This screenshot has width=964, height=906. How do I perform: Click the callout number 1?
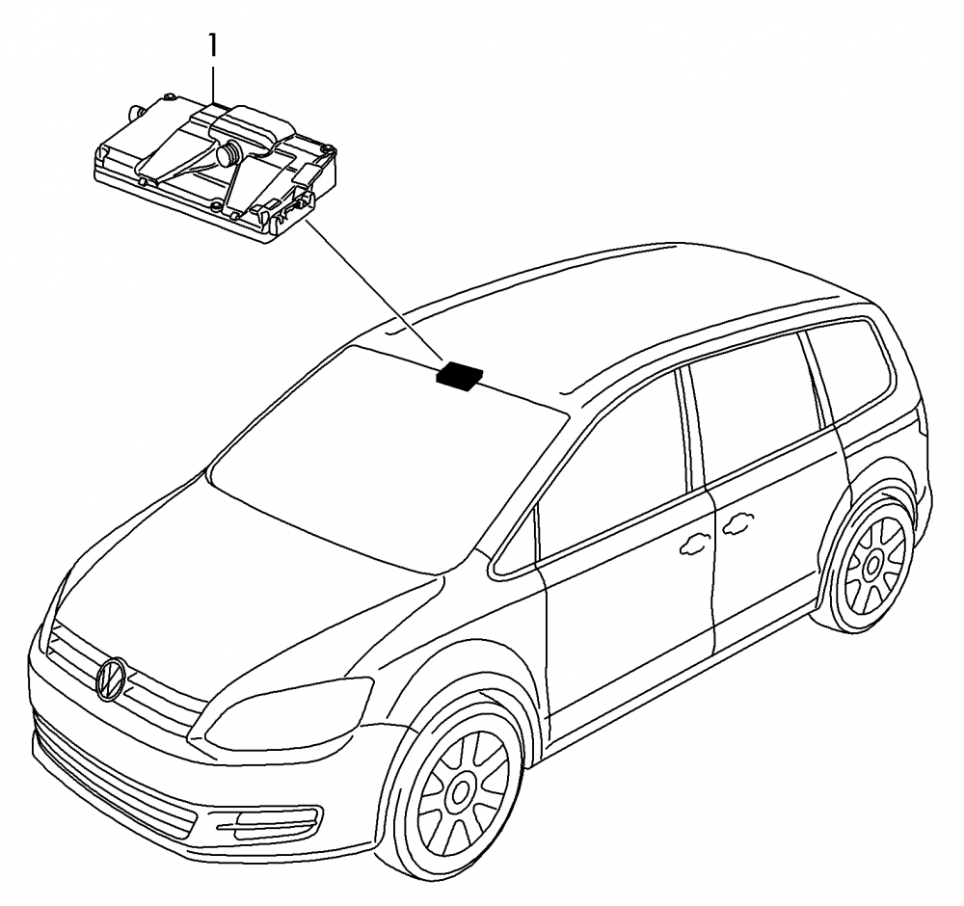212,46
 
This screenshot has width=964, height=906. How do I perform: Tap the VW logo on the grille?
111,679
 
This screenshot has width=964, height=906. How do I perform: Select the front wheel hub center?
459,792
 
